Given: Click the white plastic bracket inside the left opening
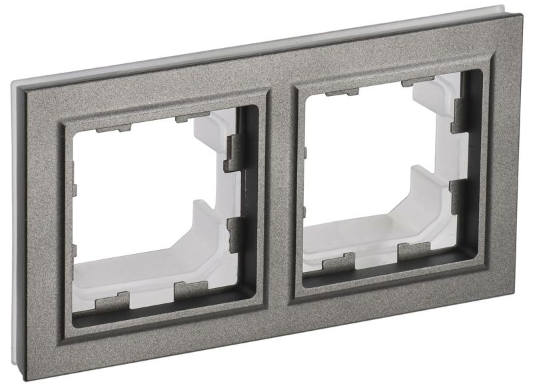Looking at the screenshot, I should pos(200,253).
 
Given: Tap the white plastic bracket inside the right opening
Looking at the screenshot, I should pos(426,213).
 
